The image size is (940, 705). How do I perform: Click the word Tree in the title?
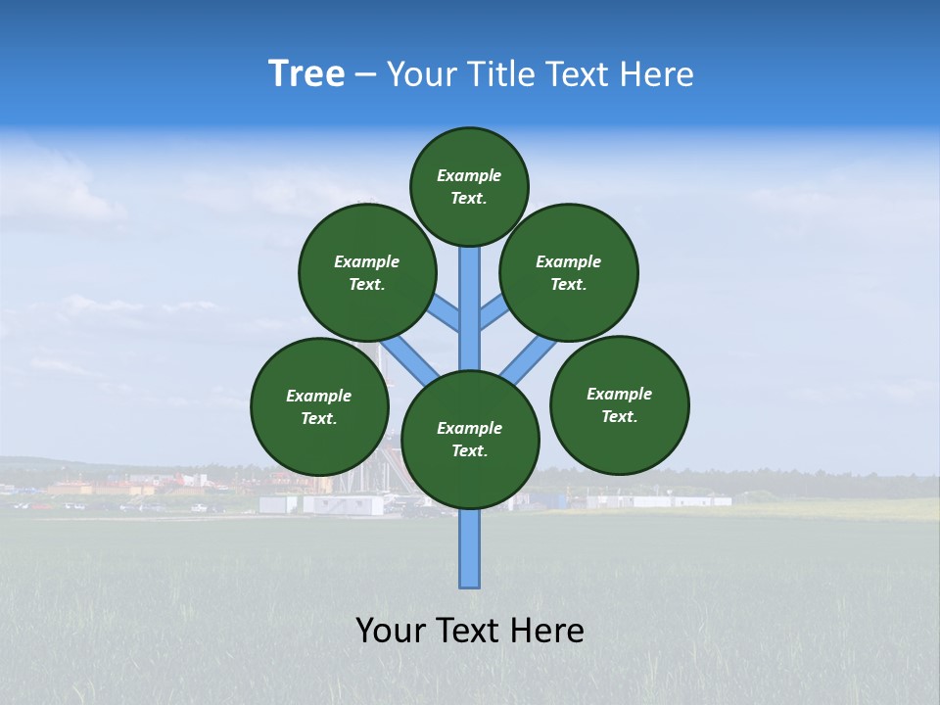coord(306,74)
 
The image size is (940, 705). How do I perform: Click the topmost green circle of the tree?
coord(469,186)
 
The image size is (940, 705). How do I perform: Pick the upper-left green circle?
coord(367,272)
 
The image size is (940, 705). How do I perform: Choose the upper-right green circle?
coord(569,272)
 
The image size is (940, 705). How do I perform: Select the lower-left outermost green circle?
coord(319,406)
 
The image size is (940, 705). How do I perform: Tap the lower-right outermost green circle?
coord(620,404)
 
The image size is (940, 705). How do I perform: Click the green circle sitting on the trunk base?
coord(470,439)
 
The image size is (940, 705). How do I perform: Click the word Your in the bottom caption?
coord(391,631)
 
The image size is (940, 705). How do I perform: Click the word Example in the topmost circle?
coord(469,175)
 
